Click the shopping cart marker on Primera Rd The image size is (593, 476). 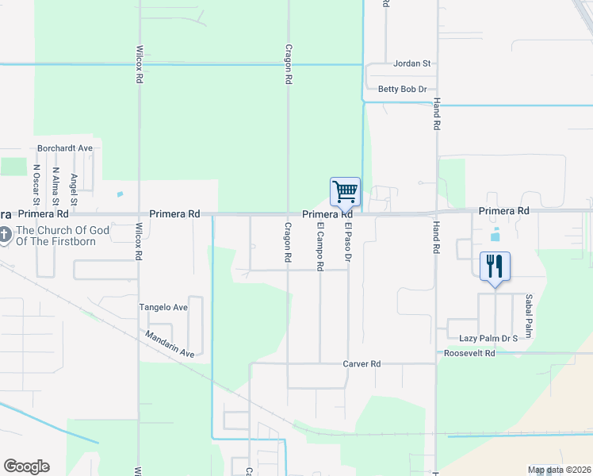pos(345,192)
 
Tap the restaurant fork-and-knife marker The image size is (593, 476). pos(495,265)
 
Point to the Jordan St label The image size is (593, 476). pos(412,63)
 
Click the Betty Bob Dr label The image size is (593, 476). pos(403,90)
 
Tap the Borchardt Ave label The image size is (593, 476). pos(66,148)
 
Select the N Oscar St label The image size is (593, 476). pos(36,184)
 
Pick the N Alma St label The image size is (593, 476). pos(55,183)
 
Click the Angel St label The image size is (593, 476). pos(74,187)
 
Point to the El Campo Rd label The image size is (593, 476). pos(321,247)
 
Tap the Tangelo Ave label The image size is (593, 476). pos(163,307)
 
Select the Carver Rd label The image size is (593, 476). pos(362,364)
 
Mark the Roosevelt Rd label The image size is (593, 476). pos(469,353)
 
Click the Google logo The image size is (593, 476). pos(26,466)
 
